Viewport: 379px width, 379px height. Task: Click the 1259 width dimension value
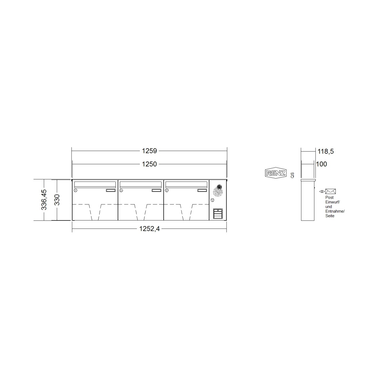pos(149,151)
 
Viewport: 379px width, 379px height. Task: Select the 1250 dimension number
pos(149,164)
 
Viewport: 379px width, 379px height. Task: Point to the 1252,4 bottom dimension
pos(149,229)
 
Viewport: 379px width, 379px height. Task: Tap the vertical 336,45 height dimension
pos(44,200)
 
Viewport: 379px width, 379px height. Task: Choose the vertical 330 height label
pos(57,200)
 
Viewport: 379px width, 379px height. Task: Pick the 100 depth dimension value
pos(321,164)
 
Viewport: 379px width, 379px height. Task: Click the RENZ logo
pos(276,173)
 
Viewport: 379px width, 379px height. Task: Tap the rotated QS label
pos(292,175)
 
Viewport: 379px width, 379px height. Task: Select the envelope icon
pos(330,191)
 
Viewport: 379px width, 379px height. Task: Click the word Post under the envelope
pos(329,198)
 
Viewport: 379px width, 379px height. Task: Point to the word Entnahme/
pos(335,211)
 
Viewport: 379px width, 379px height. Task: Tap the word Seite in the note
pos(330,216)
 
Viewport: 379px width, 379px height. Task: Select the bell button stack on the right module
pos(218,214)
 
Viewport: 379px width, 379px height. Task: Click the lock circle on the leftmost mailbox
pos(75,190)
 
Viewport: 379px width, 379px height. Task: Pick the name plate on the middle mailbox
pos(156,190)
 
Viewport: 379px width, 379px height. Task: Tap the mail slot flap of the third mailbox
pos(186,184)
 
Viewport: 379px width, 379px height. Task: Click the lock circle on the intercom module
pos(212,200)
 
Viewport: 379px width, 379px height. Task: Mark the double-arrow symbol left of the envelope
pos(322,191)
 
